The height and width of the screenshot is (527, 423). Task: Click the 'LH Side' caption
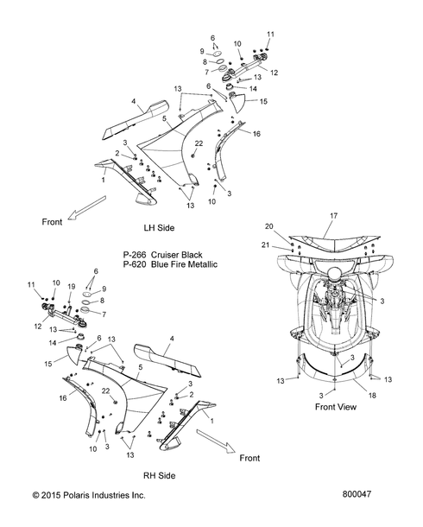point(159,228)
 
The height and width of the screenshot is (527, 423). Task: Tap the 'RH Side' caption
point(160,475)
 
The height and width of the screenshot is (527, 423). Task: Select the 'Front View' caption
point(336,407)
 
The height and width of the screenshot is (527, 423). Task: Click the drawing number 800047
point(357,494)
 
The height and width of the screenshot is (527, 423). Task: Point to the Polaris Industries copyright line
point(89,495)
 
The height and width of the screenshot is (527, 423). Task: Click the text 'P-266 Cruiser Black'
point(163,254)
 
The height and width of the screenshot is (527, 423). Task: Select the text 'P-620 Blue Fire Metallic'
point(170,264)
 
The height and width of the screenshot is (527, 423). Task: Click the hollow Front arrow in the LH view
point(87,208)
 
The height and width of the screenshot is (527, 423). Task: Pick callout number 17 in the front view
point(333,216)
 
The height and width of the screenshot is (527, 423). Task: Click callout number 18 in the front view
point(372,396)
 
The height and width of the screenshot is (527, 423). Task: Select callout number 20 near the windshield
point(269,226)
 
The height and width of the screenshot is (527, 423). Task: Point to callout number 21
point(266,245)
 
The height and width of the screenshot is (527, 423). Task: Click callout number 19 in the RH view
point(72,287)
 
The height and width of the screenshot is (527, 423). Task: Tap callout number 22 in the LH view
point(199,143)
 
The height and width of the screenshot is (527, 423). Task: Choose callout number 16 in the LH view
point(256,134)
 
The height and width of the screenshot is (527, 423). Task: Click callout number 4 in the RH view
point(172,339)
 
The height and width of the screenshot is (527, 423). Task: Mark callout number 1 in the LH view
point(103,181)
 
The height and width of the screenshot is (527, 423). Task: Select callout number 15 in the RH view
point(48,364)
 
